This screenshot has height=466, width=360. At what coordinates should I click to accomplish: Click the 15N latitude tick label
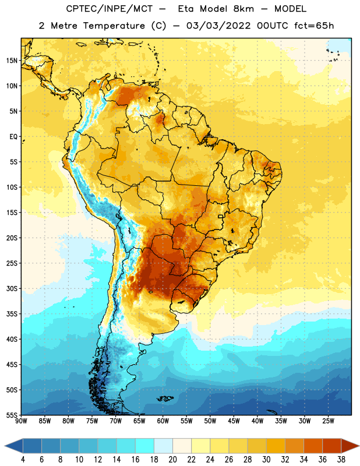click(12, 61)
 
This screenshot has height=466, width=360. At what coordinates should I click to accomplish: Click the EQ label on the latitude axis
click(13, 137)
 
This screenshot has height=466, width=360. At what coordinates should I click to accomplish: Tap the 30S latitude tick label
click(12, 288)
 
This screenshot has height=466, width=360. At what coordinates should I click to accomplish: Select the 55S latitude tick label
click(12, 415)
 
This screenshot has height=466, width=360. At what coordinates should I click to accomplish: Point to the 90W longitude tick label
click(21, 421)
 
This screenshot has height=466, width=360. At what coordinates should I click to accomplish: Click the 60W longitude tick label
click(163, 421)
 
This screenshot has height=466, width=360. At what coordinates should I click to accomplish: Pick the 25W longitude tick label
click(328, 421)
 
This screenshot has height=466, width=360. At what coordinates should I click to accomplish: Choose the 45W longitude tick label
click(234, 421)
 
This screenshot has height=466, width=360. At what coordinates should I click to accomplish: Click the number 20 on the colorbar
click(172, 460)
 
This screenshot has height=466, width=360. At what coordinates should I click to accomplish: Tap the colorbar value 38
click(341, 460)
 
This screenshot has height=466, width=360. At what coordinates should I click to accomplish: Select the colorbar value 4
click(23, 460)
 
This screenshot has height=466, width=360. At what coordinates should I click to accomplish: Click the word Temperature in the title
click(114, 26)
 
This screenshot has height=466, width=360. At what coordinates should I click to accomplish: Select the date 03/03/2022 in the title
click(218, 26)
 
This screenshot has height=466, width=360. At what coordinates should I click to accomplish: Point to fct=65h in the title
click(314, 26)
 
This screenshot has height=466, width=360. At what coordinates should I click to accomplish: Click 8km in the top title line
click(243, 9)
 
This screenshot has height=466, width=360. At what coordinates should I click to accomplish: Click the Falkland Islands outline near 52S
click(165, 398)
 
